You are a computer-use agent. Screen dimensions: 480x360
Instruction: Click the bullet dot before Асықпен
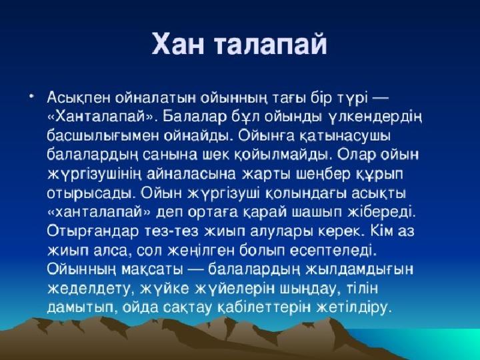pos(31,97)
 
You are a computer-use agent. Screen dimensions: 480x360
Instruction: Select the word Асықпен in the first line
pos(78,98)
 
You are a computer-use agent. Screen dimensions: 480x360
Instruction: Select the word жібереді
pos(381,212)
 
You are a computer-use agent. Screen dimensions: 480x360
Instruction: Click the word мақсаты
pos(152,270)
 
